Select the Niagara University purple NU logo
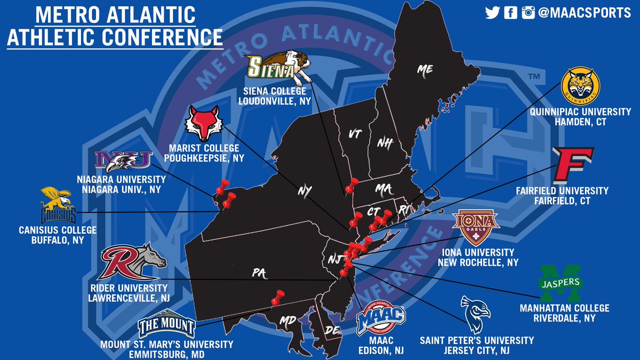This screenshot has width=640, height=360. pyautogui.click(x=123, y=160)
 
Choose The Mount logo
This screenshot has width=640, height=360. pyautogui.click(x=166, y=325)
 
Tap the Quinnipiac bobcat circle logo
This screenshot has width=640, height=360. pyautogui.click(x=580, y=87)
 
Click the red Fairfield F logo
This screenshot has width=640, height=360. pyautogui.click(x=573, y=165)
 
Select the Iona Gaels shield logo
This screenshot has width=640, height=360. pyautogui.click(x=476, y=227)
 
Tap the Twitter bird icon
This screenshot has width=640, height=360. pyautogui.click(x=492, y=13)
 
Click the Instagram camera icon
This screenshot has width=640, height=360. pyautogui.click(x=528, y=13)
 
